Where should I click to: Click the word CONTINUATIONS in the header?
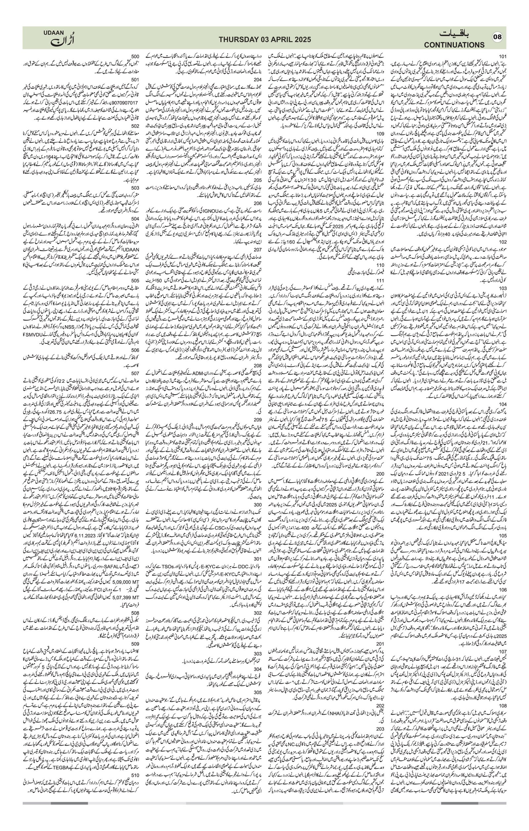pyautogui.click(x=454, y=45)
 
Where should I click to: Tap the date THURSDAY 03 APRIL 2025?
pyautogui.click(x=265, y=40)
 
